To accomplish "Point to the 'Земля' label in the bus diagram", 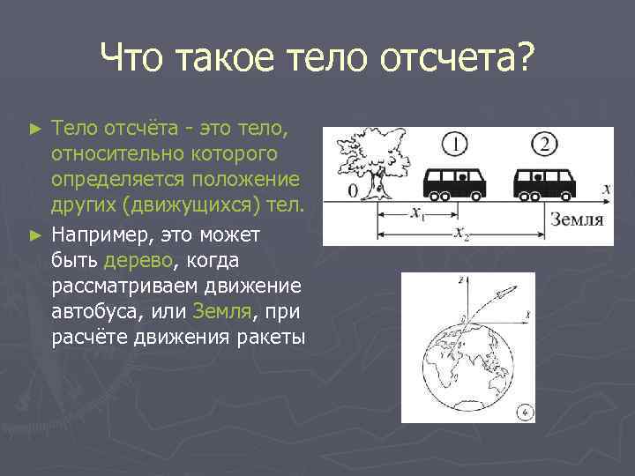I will pos(577,219).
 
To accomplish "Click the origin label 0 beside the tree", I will pos(352,190).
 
